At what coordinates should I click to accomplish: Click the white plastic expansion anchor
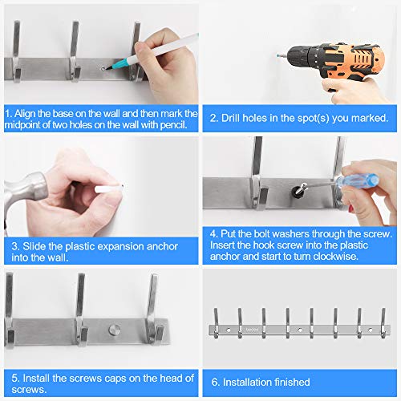pos(109,188)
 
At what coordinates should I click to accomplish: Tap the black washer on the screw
pos(296,191)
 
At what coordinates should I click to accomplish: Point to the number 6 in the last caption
pos(214,383)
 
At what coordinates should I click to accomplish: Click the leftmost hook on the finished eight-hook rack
pos(216,323)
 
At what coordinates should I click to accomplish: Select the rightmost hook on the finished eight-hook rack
pos(383,323)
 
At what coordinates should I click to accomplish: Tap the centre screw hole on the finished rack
pos(300,330)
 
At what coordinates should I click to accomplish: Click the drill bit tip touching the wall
pos(278,55)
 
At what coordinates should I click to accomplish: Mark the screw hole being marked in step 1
pos(103,69)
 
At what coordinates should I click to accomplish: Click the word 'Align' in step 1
pos(25,114)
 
